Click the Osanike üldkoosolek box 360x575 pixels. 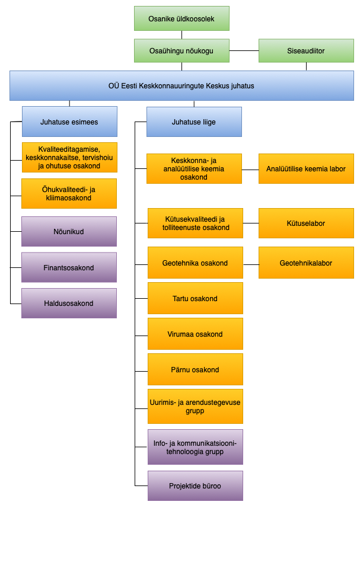click(x=181, y=18)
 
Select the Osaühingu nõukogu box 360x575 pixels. click(x=181, y=51)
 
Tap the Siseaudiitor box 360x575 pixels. click(x=306, y=51)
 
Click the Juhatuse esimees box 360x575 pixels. click(x=69, y=122)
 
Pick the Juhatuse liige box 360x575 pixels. click(x=194, y=122)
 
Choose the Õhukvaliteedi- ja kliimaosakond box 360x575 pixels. click(x=69, y=194)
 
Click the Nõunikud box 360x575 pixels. click(x=69, y=232)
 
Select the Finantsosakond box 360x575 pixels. click(x=69, y=268)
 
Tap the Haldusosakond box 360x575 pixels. click(x=69, y=304)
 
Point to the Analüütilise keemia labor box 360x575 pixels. click(x=306, y=169)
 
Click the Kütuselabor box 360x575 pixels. click(x=306, y=223)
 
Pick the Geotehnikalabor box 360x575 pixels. click(x=306, y=263)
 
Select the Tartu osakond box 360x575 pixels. click(x=195, y=299)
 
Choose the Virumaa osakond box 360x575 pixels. click(x=195, y=334)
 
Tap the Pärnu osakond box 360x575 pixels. click(x=195, y=370)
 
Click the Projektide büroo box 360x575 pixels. click(x=195, y=486)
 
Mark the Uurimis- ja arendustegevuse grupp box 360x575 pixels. click(x=195, y=407)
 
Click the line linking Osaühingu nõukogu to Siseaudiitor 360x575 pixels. click(x=244, y=51)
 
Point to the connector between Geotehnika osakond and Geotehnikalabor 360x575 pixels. click(x=251, y=263)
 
